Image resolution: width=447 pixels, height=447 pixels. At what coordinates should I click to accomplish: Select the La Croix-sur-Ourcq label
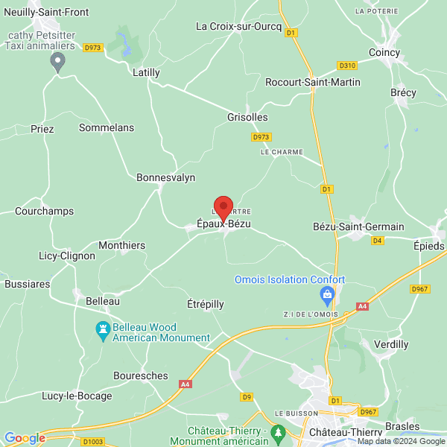click(238, 26)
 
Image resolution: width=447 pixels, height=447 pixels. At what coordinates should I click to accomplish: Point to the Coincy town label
click(384, 52)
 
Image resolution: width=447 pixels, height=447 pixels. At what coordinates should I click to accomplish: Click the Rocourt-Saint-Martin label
click(313, 82)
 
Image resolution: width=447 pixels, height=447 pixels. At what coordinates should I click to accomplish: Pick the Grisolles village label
click(247, 117)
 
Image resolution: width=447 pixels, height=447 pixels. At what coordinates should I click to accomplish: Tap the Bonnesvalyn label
click(165, 177)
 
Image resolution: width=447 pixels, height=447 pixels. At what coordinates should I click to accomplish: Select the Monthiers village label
click(122, 244)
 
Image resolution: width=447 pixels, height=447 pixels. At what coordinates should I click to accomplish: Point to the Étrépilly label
click(205, 304)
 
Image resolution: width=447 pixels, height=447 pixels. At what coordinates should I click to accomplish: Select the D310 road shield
click(347, 65)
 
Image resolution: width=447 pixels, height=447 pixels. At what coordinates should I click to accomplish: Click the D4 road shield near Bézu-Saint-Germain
click(377, 241)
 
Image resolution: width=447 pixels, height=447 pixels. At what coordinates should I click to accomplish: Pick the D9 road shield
click(247, 397)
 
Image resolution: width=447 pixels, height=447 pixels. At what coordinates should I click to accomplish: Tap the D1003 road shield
click(93, 442)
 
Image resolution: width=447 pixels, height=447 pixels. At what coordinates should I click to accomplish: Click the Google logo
click(25, 438)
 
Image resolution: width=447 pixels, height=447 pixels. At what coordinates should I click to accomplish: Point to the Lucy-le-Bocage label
click(77, 396)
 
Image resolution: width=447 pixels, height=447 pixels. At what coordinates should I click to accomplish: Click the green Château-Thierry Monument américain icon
click(278, 432)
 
